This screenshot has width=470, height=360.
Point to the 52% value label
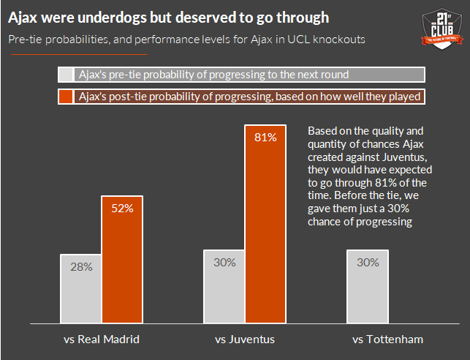[x=122, y=209]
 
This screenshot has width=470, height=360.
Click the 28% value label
[x=81, y=267]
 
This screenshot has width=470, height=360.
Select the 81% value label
[x=265, y=138]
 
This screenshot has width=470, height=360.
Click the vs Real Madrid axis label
[x=102, y=340]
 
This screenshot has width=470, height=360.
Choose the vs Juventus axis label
[x=245, y=340]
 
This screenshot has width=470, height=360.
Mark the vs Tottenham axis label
[x=387, y=340]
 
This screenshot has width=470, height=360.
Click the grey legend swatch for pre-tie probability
[x=66, y=75]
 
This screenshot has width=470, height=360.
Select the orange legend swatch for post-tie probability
[x=66, y=97]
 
